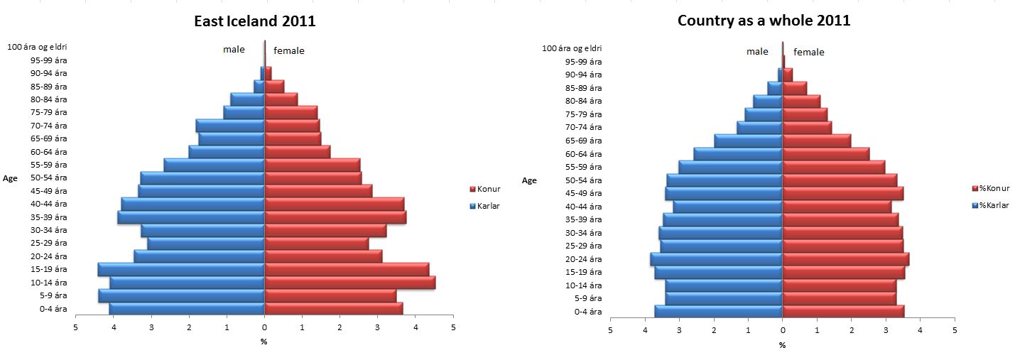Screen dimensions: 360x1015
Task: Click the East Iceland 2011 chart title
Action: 255,21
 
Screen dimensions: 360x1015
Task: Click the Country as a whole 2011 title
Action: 764,21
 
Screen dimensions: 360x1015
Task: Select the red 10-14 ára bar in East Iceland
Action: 349,283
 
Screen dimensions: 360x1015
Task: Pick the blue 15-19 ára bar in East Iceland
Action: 181,269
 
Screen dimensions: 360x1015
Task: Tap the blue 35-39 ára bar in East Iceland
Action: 191,217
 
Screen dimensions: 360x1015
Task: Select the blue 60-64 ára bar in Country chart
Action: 738,154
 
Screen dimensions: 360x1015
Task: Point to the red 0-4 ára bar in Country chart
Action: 843,311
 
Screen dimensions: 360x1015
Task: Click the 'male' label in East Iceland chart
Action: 234,50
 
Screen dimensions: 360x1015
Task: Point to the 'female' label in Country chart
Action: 808,52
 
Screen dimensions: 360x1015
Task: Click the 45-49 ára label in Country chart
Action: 583,193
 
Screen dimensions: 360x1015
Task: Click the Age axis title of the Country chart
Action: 529,180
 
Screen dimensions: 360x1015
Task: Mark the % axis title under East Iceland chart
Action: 264,342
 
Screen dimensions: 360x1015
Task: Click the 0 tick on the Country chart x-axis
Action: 782,331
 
